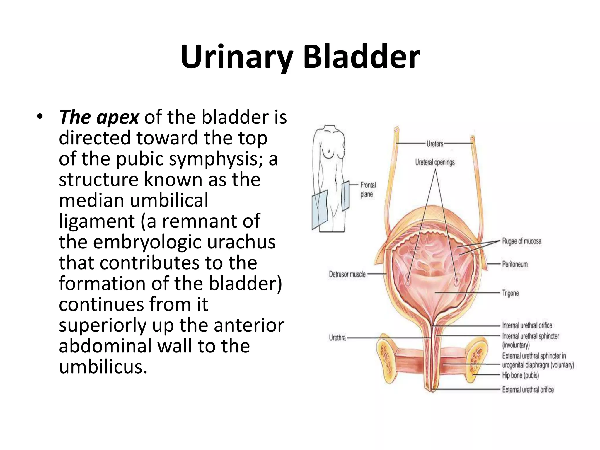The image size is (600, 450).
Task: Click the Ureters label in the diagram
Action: (435, 144)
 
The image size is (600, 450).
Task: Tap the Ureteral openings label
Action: (435, 162)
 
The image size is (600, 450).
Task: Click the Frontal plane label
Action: (368, 190)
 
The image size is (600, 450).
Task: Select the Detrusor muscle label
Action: (347, 274)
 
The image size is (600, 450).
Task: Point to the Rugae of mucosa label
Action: (521, 241)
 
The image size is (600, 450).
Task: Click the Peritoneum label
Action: (515, 264)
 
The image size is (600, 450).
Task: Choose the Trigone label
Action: (510, 293)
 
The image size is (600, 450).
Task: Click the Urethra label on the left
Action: (337, 338)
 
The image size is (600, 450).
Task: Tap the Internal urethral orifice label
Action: (527, 325)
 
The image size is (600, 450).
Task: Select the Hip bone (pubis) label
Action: (520, 375)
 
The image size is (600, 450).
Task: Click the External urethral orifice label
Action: (528, 390)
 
